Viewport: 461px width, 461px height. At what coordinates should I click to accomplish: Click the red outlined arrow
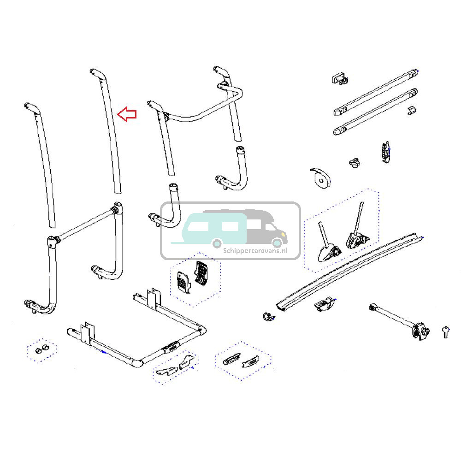(127, 115)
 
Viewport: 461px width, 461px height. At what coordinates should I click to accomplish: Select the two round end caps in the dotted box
(41, 349)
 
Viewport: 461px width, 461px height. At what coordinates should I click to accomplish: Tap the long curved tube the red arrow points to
(109, 134)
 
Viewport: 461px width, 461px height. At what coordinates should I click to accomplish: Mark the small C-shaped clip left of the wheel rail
(266, 316)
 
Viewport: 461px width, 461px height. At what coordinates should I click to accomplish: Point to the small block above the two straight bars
(339, 78)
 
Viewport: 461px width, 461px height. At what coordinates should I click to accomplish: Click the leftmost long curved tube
(41, 166)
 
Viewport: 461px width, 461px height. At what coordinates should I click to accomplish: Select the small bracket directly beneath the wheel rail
(325, 305)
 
